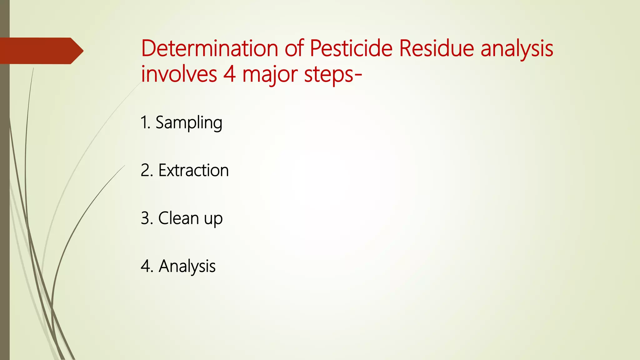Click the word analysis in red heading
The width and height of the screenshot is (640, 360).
pos(517,49)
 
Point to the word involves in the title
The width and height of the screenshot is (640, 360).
pos(179,74)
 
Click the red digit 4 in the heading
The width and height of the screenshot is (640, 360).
pos(229,74)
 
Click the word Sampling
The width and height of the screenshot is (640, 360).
pos(189,122)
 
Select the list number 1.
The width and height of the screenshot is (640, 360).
pos(145,122)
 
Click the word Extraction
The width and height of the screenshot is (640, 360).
pos(193,170)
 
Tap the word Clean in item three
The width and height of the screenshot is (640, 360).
pos(178,218)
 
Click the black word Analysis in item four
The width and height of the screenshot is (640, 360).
pos(187,266)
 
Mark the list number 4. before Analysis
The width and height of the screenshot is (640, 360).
pos(147,266)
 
